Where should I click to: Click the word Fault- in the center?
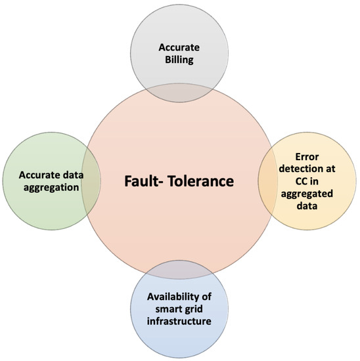pyautogui.click(x=148, y=180)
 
